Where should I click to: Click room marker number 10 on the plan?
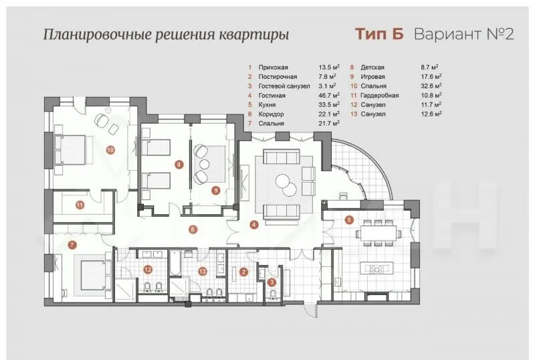pos(110,150)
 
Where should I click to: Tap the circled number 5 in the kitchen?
pos(349,220)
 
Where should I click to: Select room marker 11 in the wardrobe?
pos(80,205)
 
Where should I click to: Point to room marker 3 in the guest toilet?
pos(272,282)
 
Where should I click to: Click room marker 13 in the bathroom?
pos(203,272)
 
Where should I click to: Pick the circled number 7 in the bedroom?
pos(72,244)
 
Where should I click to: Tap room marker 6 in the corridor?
pos(193,230)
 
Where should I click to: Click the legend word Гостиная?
pos(272,96)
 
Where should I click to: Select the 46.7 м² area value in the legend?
pos(329,95)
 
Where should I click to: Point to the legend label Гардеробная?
pos(379,95)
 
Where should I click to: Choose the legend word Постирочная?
pos(278,77)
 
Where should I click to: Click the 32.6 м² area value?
pos(431,86)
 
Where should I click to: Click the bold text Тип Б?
pos(379,34)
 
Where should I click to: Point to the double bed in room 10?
pos(74,150)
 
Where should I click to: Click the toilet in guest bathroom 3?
pos(273,294)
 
